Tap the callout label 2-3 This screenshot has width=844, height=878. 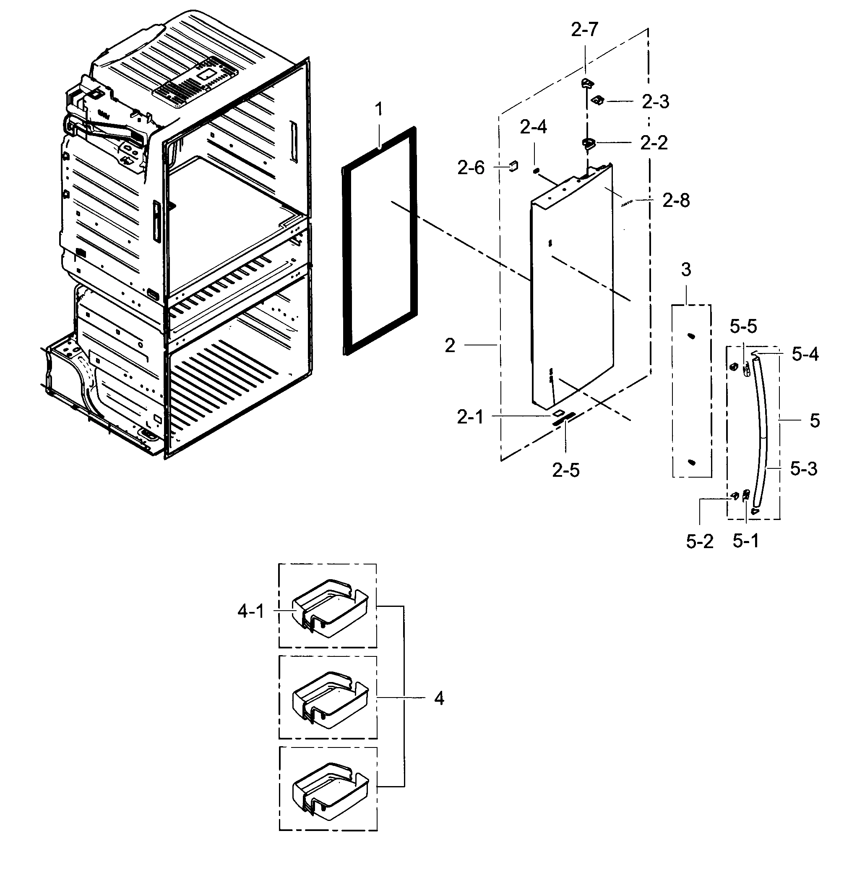655,102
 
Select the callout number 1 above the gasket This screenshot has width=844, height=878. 379,109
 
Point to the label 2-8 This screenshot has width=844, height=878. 676,201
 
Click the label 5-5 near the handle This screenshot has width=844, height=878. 743,327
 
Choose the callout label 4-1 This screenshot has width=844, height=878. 251,611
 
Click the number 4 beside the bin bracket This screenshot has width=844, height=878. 439,698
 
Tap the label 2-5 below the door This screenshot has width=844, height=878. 565,470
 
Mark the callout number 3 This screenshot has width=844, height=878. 686,270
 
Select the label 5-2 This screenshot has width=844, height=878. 699,542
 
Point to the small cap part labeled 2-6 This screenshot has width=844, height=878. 513,166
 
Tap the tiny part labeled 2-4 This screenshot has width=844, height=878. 535,170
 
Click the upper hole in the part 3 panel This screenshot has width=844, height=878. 691,336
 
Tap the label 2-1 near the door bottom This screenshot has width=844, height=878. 470,418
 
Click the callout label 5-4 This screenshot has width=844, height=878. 805,355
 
